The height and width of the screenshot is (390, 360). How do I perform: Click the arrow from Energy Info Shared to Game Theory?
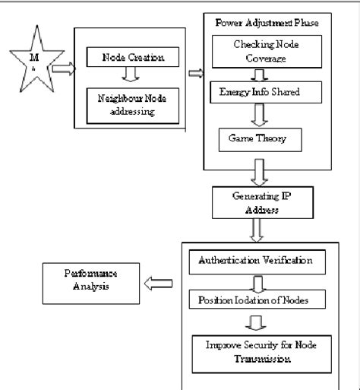(x=258, y=115)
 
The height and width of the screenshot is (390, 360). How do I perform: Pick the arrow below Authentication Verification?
(x=254, y=282)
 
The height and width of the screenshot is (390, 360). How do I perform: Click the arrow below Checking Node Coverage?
(x=258, y=75)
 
